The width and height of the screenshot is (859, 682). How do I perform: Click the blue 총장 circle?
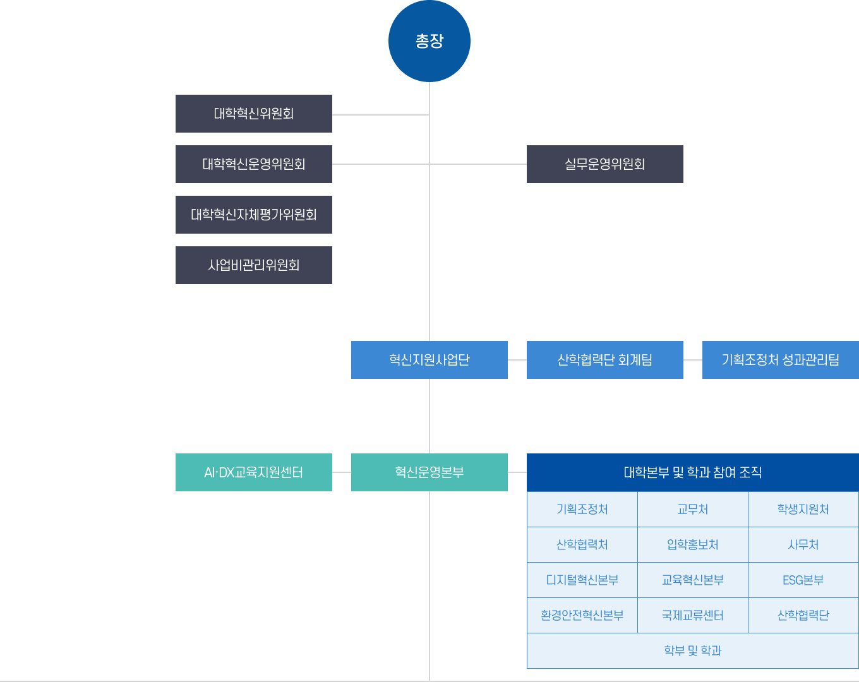pyautogui.click(x=429, y=41)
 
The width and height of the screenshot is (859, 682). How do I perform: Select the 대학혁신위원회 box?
pyautogui.click(x=254, y=114)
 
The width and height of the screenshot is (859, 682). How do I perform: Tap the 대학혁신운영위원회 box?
pyautogui.click(x=254, y=164)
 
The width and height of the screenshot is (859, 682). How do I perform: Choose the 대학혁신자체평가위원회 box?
pyautogui.click(x=254, y=215)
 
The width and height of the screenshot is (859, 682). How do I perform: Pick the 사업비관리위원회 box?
pyautogui.click(x=254, y=265)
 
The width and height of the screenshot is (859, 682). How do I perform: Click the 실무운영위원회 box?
pyautogui.click(x=604, y=164)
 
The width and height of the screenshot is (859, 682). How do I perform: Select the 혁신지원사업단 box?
pyautogui.click(x=429, y=360)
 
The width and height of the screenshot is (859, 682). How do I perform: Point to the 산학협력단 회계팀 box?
pyautogui.click(x=604, y=360)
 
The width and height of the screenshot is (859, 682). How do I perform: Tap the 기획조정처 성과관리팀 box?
pyautogui.click(x=781, y=360)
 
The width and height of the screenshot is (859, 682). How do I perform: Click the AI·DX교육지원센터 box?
pyautogui.click(x=254, y=472)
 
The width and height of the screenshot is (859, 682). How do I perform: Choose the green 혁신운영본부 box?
pyautogui.click(x=429, y=472)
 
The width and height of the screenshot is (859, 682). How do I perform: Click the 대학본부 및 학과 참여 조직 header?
pyautogui.click(x=692, y=472)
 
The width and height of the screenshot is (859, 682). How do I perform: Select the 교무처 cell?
pyautogui.click(x=692, y=509)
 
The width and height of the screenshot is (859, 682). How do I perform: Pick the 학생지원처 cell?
pyautogui.click(x=803, y=509)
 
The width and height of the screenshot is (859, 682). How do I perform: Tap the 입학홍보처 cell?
pyautogui.click(x=692, y=545)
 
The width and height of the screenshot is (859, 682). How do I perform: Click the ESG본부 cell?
pyautogui.click(x=803, y=580)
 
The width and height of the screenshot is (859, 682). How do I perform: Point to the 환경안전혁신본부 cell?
pyautogui.click(x=582, y=615)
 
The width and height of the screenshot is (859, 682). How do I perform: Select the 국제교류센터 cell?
pyautogui.click(x=692, y=615)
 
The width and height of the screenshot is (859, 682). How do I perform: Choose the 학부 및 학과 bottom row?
pyautogui.click(x=692, y=650)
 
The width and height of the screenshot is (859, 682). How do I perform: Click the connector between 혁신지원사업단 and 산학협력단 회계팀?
pyautogui.click(x=517, y=360)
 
